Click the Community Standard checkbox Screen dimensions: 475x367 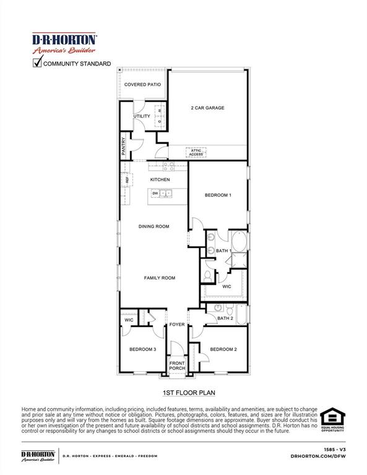38,62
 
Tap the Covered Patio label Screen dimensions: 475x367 142,84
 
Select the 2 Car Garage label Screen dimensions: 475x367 207,108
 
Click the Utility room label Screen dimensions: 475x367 142,116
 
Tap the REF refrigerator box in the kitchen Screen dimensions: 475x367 124,180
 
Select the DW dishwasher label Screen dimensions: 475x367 155,194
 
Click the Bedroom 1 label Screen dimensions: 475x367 218,195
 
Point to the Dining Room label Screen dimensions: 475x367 154,226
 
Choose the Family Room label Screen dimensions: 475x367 160,278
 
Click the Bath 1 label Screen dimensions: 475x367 223,250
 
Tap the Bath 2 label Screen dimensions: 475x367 225,319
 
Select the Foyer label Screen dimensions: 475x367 178,324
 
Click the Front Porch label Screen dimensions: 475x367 177,366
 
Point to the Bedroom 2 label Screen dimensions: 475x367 223,349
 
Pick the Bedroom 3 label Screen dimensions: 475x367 142,349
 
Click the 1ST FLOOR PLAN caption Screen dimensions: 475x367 184,393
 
